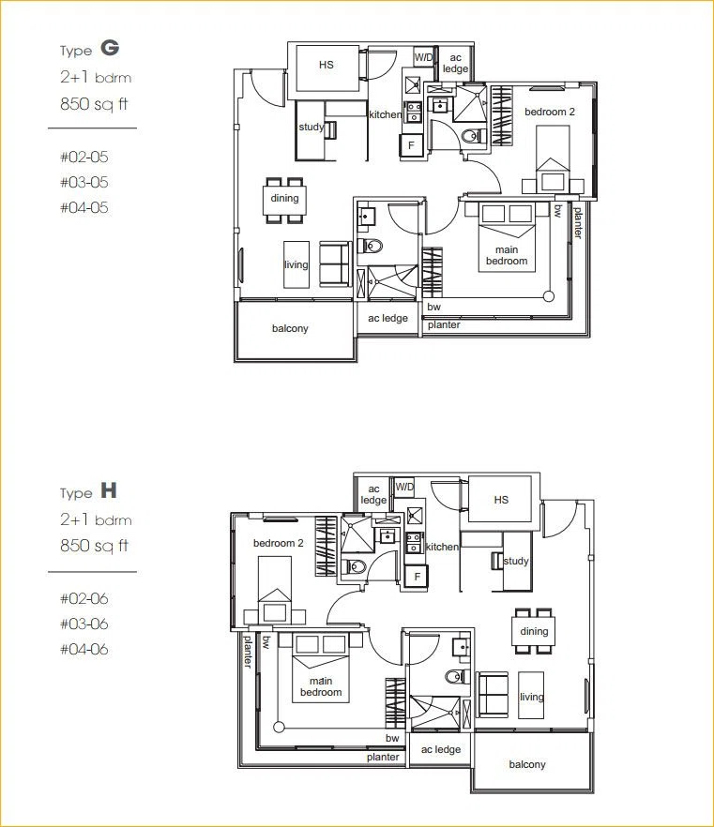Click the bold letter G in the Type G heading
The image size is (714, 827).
coord(110,48)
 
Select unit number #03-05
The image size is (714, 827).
coord(84,182)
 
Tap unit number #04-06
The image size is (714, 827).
coord(84,649)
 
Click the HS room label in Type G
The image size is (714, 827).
coord(327,65)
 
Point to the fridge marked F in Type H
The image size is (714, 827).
coord(417,577)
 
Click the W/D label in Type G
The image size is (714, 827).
coord(423,57)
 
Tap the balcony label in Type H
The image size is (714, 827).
coord(527,764)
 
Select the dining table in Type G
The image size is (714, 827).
coord(284,200)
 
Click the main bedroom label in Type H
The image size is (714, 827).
coord(321,686)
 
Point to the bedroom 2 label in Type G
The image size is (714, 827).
coord(550,112)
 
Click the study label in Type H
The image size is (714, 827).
coord(516,561)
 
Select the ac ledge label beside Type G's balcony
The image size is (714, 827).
coord(387,318)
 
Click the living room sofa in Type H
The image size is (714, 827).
coord(493,694)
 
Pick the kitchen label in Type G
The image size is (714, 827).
coord(386,114)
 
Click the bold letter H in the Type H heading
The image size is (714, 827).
coord(109,490)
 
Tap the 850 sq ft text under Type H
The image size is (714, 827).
coord(95,546)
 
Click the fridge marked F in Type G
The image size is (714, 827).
coord(411,145)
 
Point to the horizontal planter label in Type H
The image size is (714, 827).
coord(383,757)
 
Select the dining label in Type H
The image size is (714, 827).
coord(534,631)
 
